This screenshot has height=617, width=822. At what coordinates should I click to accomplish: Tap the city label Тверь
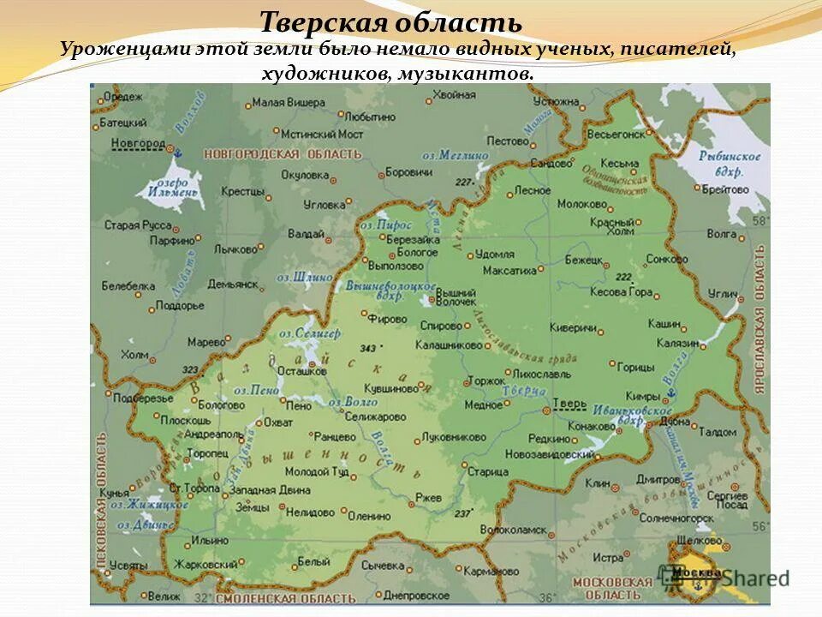[x=569, y=403]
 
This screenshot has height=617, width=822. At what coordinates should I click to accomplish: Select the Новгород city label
[x=138, y=143]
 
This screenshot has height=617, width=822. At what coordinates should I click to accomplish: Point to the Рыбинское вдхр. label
[x=729, y=163]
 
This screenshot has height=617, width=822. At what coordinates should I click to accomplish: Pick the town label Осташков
[x=303, y=371]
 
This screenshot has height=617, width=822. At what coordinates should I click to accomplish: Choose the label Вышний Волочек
[x=456, y=297]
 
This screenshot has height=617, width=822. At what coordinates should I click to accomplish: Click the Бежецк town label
[x=584, y=259]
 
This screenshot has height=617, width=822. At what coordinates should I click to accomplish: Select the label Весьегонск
[x=616, y=135]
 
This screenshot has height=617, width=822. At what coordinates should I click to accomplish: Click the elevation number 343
[x=368, y=348]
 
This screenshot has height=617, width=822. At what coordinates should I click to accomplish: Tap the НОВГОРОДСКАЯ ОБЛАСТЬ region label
[x=283, y=154]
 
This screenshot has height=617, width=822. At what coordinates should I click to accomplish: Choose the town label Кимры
[x=642, y=397]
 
